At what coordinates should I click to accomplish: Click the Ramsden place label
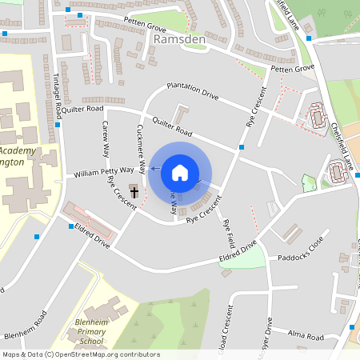coord(179,39)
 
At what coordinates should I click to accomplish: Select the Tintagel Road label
coord(55,81)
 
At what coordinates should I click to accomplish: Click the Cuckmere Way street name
coord(141,149)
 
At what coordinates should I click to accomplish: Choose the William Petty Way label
coord(103,172)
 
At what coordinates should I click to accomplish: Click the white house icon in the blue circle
coord(180,172)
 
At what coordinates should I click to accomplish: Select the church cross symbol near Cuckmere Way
coord(134,192)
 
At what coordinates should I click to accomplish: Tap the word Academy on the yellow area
coord(18,150)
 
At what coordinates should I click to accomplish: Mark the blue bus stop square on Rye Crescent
coord(242,147)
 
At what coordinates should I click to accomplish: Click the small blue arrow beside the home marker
coord(153,170)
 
